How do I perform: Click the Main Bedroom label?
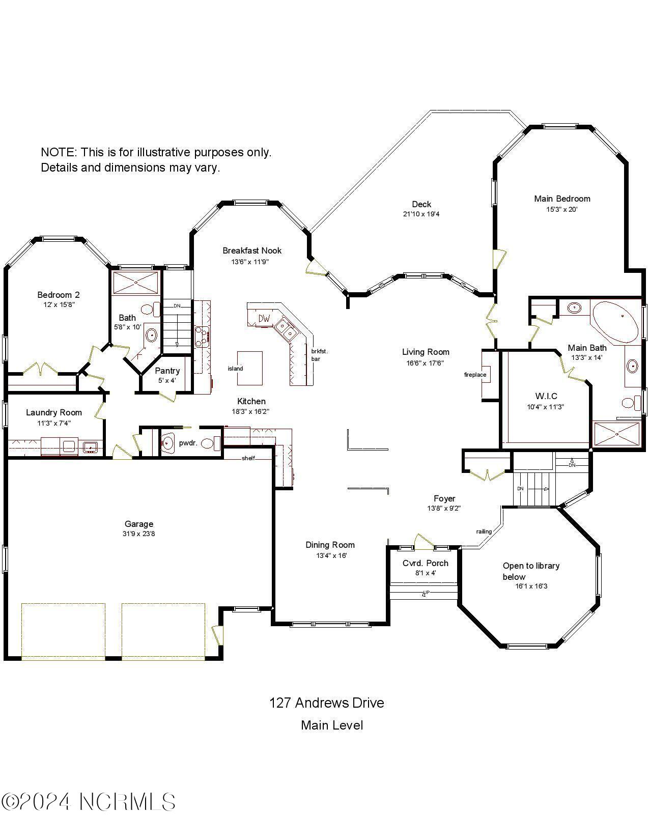click(562, 199)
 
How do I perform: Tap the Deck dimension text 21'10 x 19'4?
click(421, 214)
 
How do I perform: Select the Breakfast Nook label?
click(252, 250)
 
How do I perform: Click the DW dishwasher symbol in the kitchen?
click(264, 319)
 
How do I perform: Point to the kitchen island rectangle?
click(250, 368)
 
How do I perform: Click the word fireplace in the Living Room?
click(475, 375)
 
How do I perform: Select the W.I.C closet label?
click(546, 396)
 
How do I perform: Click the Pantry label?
click(167, 371)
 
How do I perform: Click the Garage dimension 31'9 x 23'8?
click(139, 534)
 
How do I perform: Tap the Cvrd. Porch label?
click(425, 563)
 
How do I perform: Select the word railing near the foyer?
click(484, 531)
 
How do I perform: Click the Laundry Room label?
click(54, 412)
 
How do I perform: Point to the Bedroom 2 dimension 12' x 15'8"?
click(59, 305)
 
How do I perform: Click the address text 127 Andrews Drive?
click(326, 703)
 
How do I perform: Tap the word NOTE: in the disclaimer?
click(59, 152)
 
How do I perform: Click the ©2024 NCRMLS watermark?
click(89, 802)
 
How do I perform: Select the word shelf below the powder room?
click(248, 458)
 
